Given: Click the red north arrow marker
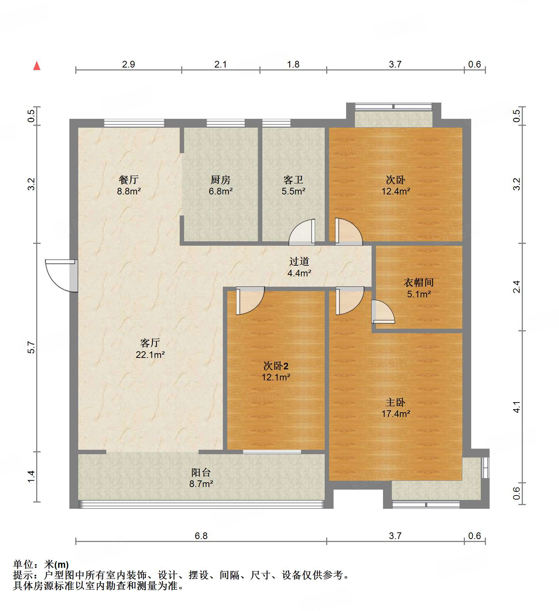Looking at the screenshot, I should pyautogui.click(x=37, y=66).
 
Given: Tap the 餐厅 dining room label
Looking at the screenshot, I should pyautogui.click(x=129, y=180).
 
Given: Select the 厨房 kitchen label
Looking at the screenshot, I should pyautogui.click(x=221, y=180).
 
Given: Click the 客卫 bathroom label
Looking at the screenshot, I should pyautogui.click(x=293, y=180).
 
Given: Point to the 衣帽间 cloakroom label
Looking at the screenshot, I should pyautogui.click(x=418, y=283).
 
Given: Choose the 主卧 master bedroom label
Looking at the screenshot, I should pyautogui.click(x=396, y=402).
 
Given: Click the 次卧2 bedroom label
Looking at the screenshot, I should pyautogui.click(x=276, y=366).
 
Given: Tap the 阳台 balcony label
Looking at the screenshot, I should pyautogui.click(x=201, y=472).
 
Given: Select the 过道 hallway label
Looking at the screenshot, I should pyautogui.click(x=299, y=262).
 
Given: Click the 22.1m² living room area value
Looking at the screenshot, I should pyautogui.click(x=150, y=355).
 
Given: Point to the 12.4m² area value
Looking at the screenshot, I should pyautogui.click(x=396, y=191).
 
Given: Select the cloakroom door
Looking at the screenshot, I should pyautogui.click(x=383, y=312).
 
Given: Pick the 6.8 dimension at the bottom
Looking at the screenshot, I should pyautogui.click(x=201, y=536).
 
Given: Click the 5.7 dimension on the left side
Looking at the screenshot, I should pyautogui.click(x=32, y=348).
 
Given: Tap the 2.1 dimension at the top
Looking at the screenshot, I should pyautogui.click(x=221, y=64).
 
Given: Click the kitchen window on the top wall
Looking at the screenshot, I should pyautogui.click(x=225, y=123).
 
